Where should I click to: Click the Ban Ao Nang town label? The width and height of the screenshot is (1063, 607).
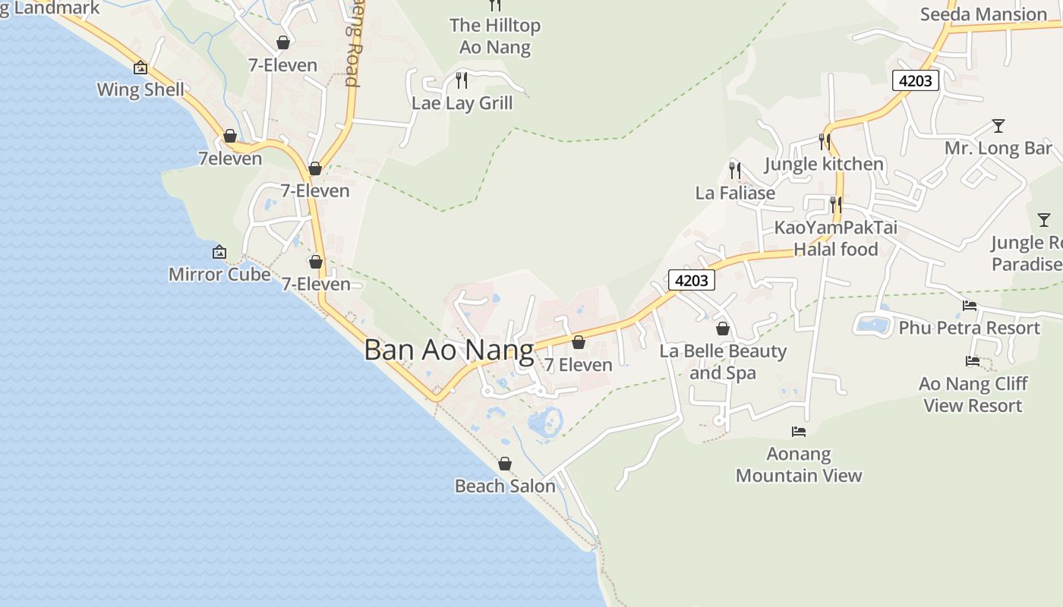tap(449, 351)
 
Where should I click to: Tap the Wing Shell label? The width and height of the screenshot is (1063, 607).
tap(140, 90)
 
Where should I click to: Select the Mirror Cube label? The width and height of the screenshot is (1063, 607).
tap(219, 274)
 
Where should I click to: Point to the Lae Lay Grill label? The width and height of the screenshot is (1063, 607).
tap(462, 103)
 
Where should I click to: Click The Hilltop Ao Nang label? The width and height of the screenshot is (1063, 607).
tap(495, 36)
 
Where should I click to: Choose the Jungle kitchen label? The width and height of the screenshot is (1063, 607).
tap(824, 164)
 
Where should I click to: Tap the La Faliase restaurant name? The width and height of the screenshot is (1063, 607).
tap(735, 193)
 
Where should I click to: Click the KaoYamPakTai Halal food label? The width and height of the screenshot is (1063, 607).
tap(835, 238)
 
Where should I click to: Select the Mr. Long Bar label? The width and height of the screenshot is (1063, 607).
tap(998, 148)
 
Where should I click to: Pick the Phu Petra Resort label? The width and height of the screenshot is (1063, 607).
tap(969, 328)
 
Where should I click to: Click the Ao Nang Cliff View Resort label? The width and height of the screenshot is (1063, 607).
tap(973, 395)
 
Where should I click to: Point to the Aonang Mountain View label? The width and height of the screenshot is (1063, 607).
tap(799, 464)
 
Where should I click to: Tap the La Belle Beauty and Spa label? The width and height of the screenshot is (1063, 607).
tap(723, 362)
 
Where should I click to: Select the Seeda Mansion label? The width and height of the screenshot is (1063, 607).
tap(983, 14)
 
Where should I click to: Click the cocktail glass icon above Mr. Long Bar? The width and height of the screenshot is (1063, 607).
tap(998, 126)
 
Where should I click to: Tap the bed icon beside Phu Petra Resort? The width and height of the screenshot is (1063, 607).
tap(970, 306)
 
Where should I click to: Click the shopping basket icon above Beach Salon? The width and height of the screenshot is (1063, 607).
tap(505, 464)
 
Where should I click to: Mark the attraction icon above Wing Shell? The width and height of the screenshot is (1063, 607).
tap(140, 68)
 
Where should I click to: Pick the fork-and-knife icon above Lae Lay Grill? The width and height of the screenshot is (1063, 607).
tap(462, 80)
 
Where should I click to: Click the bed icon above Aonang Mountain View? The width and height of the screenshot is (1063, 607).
tap(799, 432)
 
